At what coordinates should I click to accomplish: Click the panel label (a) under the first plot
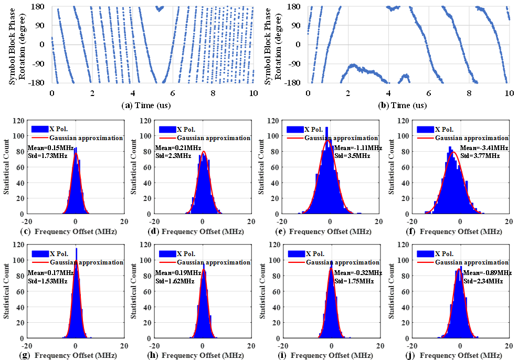126,105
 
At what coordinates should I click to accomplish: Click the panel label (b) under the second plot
383,105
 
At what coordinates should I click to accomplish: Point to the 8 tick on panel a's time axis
213,93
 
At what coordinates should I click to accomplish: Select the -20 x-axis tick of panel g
27,346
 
